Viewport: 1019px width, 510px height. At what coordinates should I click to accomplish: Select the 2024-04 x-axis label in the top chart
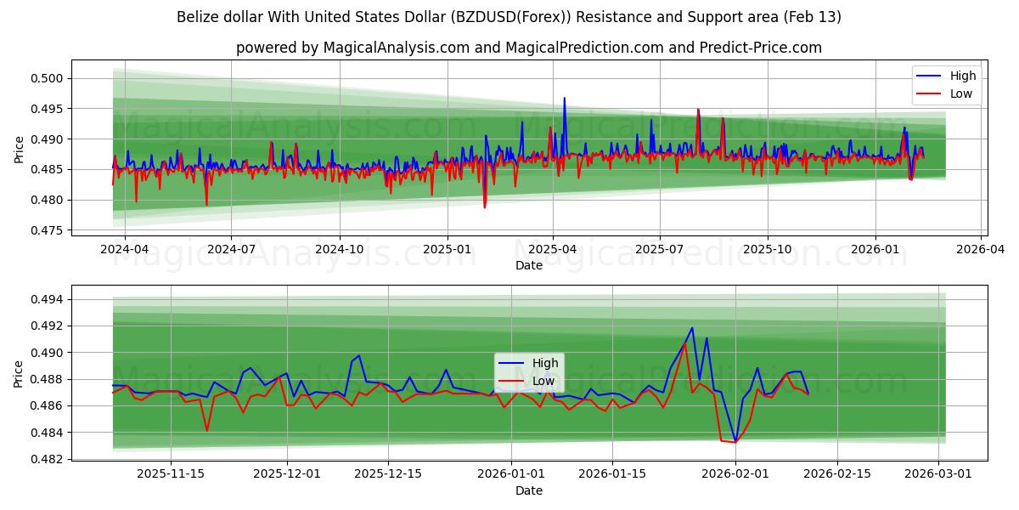pos(125,250)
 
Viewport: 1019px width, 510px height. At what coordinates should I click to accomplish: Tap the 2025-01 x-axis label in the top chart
pos(447,250)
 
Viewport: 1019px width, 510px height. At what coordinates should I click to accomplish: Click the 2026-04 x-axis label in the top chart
pos(982,250)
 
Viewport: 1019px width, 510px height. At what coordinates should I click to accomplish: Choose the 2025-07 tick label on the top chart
pos(660,250)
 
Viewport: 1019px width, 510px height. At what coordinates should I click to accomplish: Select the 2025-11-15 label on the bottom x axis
pos(170,474)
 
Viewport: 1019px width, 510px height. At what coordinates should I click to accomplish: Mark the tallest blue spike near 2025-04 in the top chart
pos(564,98)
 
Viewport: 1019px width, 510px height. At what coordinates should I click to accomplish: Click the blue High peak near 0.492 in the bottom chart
pos(691,328)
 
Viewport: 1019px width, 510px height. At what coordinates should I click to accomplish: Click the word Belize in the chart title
pos(199,17)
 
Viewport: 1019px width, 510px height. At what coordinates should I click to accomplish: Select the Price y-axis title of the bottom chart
pos(19,372)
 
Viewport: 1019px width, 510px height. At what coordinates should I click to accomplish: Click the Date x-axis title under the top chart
pos(528,265)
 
